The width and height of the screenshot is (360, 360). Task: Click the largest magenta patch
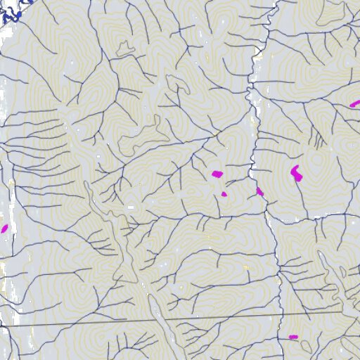pos(296,172)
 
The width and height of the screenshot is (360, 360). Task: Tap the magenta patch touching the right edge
pos(355,104)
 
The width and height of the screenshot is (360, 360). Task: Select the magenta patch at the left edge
pos(4,228)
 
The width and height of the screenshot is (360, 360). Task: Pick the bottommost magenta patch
pos(293,337)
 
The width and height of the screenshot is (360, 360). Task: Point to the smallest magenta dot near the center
pos(224,193)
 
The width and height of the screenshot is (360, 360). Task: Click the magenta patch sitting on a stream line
pos(259,191)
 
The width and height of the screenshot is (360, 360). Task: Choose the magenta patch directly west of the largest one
pos(217,173)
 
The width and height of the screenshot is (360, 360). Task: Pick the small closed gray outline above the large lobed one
pos(125,48)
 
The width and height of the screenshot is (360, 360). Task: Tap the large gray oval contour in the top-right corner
pos(330,14)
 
